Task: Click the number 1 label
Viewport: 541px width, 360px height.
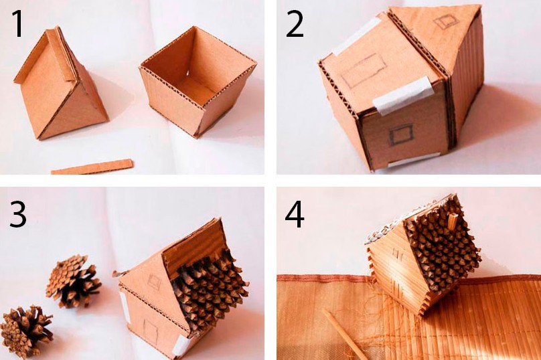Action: click(x=18, y=23)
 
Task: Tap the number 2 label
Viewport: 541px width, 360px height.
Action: click(x=295, y=23)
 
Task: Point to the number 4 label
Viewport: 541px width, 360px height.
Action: click(x=295, y=214)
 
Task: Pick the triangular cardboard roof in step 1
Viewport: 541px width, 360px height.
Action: click(x=61, y=85)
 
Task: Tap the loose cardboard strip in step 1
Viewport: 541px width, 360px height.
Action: click(x=92, y=167)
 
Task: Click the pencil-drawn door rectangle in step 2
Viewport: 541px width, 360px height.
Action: click(x=364, y=71)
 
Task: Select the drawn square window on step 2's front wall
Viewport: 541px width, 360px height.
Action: click(x=401, y=134)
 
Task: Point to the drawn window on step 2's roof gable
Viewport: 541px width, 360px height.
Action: click(x=445, y=21)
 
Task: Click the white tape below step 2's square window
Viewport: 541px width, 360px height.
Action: click(x=412, y=160)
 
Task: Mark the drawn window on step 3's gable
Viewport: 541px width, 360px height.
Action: click(x=154, y=282)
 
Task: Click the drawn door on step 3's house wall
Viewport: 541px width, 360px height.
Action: click(x=151, y=331)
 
